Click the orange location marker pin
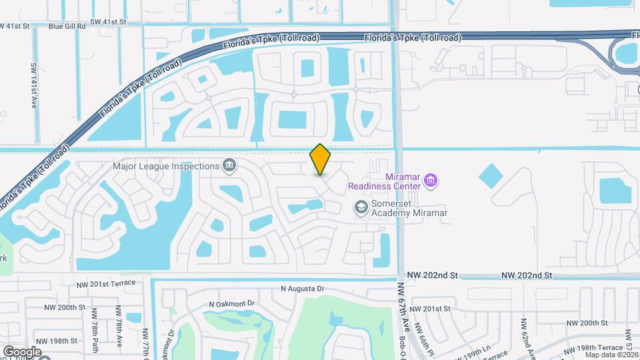[x=321, y=159]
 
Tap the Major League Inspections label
[x=167, y=166]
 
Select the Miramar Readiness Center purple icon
[x=431, y=179]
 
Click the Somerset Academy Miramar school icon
[x=361, y=207]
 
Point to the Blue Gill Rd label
[x=67, y=26]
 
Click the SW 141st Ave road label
[x=33, y=86]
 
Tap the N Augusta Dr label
[x=302, y=289]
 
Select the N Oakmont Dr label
[x=232, y=303]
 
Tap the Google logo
[x=21, y=351]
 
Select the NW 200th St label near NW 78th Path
[x=65, y=308]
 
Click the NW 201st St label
[x=431, y=309]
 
